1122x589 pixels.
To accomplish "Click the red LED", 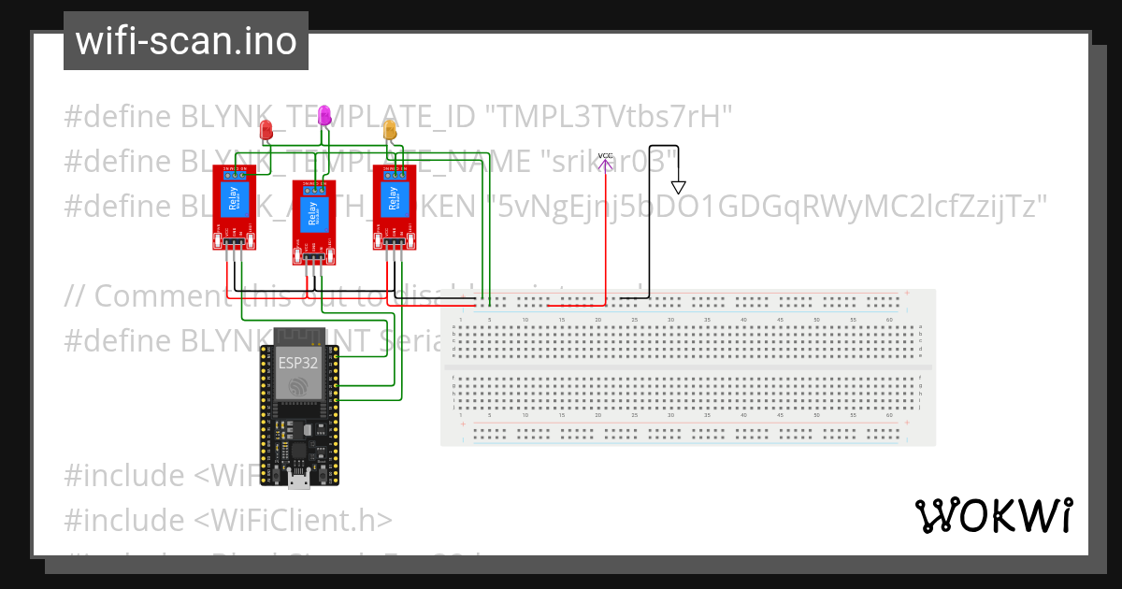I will tap(266, 130).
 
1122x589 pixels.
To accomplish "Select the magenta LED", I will tap(324, 115).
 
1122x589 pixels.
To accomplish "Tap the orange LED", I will tap(391, 131).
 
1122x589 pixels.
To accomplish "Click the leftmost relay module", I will tap(231, 207).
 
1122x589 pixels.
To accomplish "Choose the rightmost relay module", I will tap(393, 207).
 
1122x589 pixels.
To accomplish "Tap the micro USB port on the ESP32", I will tap(299, 481).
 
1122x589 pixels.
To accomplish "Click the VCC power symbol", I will tap(605, 160).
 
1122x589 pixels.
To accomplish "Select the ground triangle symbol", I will tap(678, 187).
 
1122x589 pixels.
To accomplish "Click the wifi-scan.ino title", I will tap(185, 41).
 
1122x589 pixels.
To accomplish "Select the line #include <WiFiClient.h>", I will tap(228, 520).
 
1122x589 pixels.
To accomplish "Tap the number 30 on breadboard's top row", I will tap(598, 320).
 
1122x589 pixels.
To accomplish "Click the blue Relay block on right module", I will tap(393, 199).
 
